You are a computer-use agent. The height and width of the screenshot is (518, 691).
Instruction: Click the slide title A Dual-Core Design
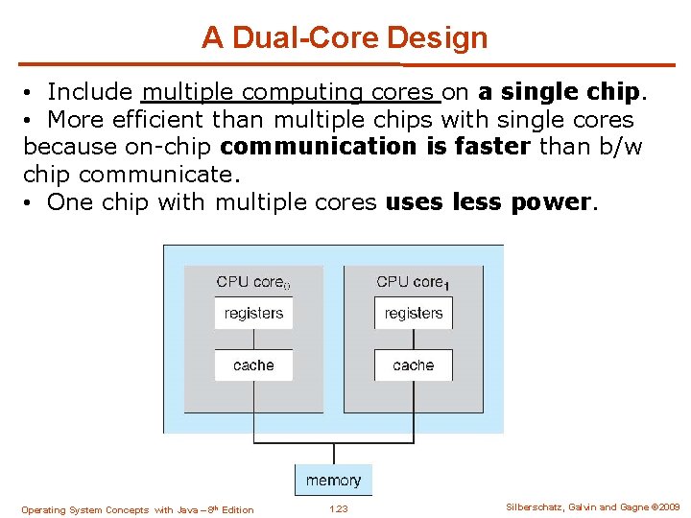[345, 38]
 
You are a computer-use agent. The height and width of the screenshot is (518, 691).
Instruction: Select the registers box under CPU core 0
[253, 313]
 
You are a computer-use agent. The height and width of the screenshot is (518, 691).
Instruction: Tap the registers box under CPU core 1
[414, 313]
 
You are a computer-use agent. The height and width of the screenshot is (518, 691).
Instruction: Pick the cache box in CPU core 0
[253, 365]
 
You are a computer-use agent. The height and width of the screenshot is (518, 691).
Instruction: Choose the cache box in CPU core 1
[414, 365]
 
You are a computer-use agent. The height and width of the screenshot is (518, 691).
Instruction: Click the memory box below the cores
[333, 481]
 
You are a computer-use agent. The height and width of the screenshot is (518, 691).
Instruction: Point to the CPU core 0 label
[252, 282]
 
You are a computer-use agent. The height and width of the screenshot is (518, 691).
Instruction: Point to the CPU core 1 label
[413, 282]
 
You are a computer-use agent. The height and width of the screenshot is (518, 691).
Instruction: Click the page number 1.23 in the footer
[338, 509]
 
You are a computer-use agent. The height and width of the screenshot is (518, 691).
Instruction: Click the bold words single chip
[559, 92]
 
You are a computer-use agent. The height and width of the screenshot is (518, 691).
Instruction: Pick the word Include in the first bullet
[90, 92]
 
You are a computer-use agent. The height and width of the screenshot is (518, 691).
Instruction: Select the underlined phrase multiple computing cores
[289, 92]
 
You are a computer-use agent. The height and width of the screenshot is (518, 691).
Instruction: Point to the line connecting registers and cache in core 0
[253, 340]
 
